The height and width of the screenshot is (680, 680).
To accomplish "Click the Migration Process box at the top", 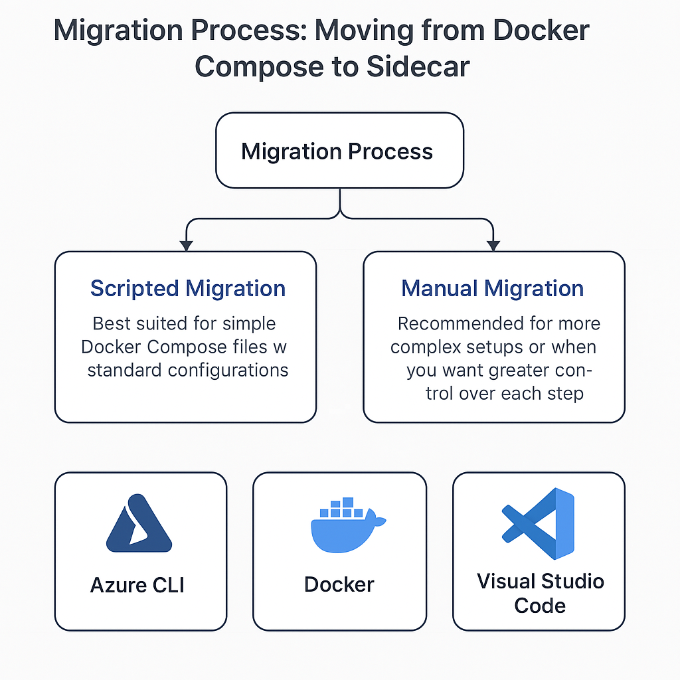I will click(x=339, y=151).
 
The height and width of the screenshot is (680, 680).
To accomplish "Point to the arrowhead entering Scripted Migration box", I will click(x=187, y=245).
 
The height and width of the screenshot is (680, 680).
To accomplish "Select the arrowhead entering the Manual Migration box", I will click(x=493, y=245).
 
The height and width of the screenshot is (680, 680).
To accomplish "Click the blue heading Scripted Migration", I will click(x=188, y=289).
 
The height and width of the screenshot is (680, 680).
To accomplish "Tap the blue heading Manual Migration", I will click(x=493, y=289).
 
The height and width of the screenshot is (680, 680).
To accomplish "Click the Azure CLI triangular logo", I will click(x=139, y=524).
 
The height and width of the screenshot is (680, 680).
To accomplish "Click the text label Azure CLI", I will click(x=137, y=585).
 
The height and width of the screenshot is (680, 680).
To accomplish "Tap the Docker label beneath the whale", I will click(x=339, y=584).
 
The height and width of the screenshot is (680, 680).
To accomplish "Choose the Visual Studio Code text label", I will click(x=540, y=593).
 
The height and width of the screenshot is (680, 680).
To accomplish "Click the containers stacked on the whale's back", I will click(x=342, y=509).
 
